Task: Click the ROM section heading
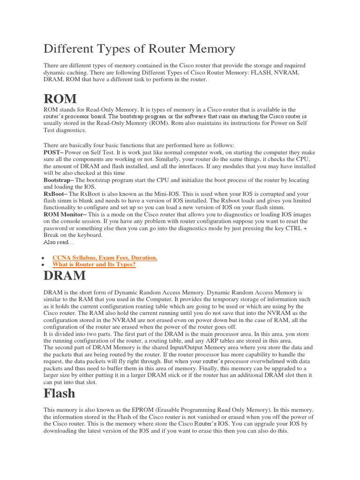pos(60,99)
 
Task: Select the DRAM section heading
pos(64,275)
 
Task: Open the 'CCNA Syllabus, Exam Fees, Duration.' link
pos(105,258)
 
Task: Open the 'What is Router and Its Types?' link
pos(94,265)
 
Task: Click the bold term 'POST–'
pos(53,153)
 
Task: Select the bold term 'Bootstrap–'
pos(59,180)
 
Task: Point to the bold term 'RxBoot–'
pos(55,194)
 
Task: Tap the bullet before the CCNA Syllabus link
pos(43,258)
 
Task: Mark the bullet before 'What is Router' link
pos(43,265)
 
